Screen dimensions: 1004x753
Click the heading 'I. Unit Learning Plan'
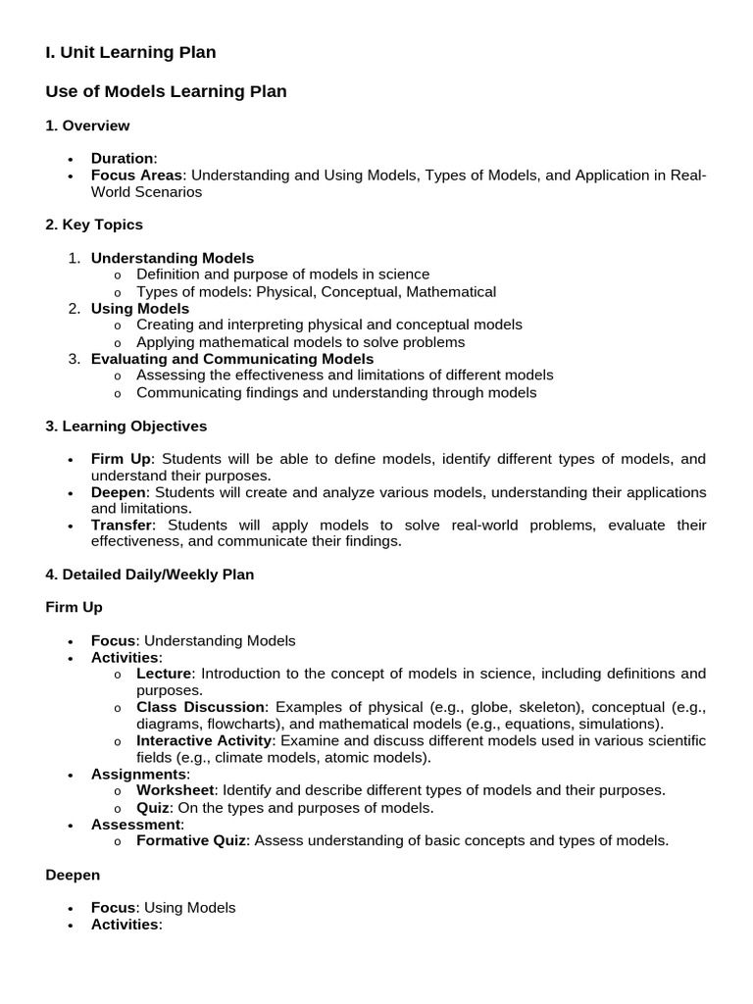coord(130,52)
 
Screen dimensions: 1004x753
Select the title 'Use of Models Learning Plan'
coord(166,91)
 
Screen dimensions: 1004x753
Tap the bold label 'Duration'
coord(123,158)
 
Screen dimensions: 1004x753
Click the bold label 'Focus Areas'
coord(136,176)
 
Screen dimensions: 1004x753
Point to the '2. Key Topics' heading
coord(94,225)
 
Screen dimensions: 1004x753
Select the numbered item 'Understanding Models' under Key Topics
coord(173,258)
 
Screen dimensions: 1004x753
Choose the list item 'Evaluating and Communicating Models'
coord(232,359)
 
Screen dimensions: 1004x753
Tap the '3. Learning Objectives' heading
coord(126,426)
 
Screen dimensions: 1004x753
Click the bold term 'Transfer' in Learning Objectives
coord(121,525)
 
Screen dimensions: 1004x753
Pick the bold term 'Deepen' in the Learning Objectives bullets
coord(120,491)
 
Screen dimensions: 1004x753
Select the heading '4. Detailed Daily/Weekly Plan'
coord(150,575)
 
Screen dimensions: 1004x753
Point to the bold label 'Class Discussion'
coord(201,707)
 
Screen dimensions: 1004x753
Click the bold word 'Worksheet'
coord(176,790)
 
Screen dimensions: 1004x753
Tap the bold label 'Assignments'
coord(138,774)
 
